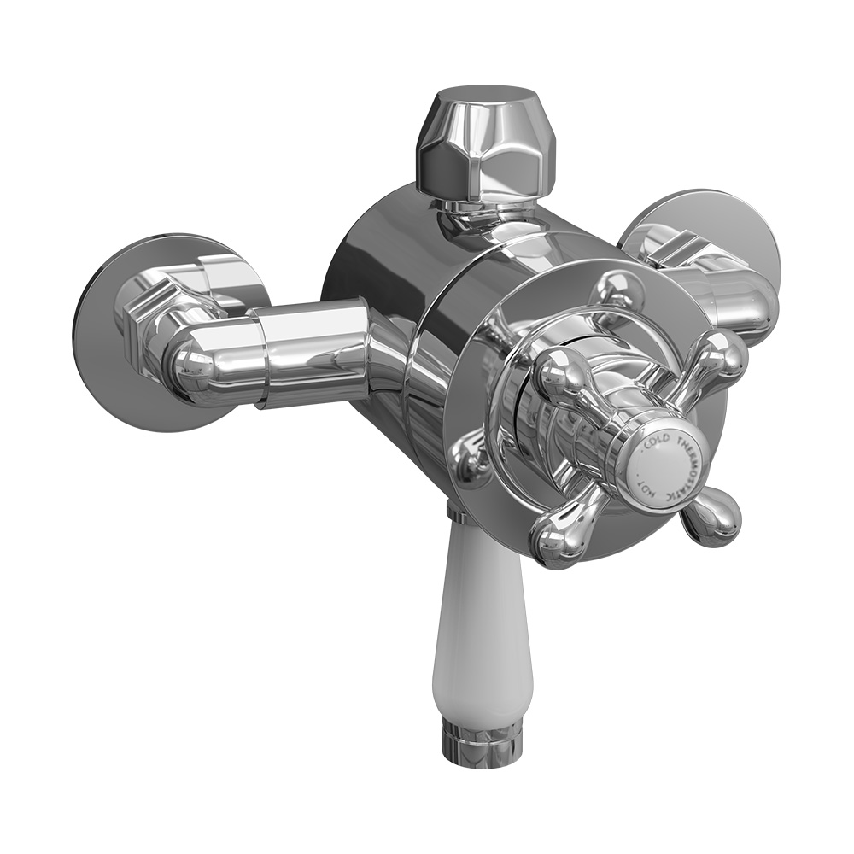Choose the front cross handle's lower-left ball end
pyautogui.click(x=555, y=538)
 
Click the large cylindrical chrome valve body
pyautogui.click(x=384, y=282)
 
